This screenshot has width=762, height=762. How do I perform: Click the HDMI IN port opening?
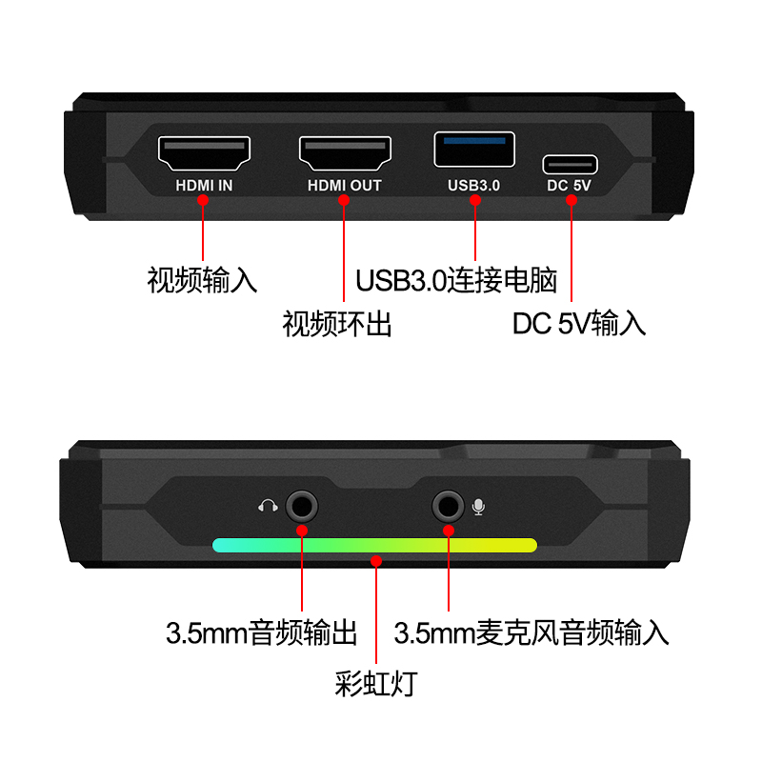click(204, 153)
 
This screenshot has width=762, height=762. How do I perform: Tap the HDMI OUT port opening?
click(345, 153)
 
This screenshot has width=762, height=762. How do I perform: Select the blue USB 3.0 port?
click(474, 150)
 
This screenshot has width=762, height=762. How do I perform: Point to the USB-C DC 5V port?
click(570, 164)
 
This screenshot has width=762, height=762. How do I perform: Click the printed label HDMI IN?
click(204, 186)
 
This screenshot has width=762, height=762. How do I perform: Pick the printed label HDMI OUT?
click(345, 186)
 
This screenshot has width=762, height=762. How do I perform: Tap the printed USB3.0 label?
click(473, 186)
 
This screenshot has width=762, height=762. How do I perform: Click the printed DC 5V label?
click(569, 186)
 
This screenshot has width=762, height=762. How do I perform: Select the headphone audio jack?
click(301, 507)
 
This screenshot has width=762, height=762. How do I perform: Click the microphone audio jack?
click(448, 507)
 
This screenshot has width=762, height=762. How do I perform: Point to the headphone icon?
click(268, 506)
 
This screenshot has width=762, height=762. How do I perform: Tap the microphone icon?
click(479, 507)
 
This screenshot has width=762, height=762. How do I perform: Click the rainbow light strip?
click(374, 545)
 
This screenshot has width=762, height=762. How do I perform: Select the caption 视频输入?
click(202, 280)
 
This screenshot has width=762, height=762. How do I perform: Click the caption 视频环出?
click(337, 324)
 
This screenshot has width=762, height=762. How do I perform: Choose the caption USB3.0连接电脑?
click(456, 280)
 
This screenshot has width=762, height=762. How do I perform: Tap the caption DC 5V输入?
click(579, 324)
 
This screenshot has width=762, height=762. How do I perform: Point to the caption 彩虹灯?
click(376, 684)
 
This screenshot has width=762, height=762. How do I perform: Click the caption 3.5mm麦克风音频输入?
click(531, 632)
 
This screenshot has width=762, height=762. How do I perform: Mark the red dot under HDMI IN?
click(203, 200)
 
